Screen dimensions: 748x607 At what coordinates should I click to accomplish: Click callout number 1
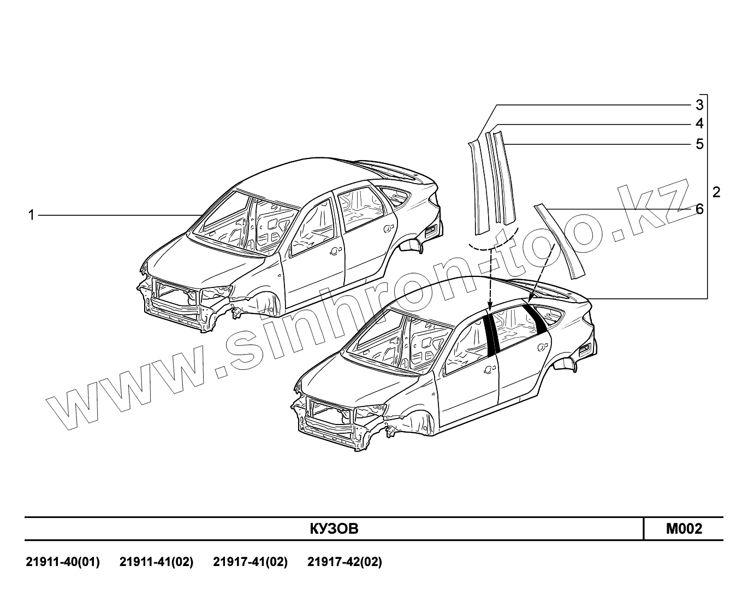pos(32,215)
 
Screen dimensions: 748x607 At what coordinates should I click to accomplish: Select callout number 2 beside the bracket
pos(716,192)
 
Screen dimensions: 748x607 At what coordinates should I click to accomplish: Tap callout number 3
pos(699,104)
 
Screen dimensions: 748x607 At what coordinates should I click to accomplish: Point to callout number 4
pos(699,124)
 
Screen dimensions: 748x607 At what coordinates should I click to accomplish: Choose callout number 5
pos(699,144)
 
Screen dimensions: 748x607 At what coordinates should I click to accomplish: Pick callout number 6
pos(699,209)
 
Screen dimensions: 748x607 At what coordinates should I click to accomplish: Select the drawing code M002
pos(684,529)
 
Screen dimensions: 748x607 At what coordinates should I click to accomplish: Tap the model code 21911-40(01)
pos(63,562)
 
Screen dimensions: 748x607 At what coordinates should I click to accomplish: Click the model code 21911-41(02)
pos(157,562)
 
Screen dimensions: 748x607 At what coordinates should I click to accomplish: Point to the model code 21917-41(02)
pos(251,562)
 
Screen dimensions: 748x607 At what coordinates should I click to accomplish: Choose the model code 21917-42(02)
pos(345,562)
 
